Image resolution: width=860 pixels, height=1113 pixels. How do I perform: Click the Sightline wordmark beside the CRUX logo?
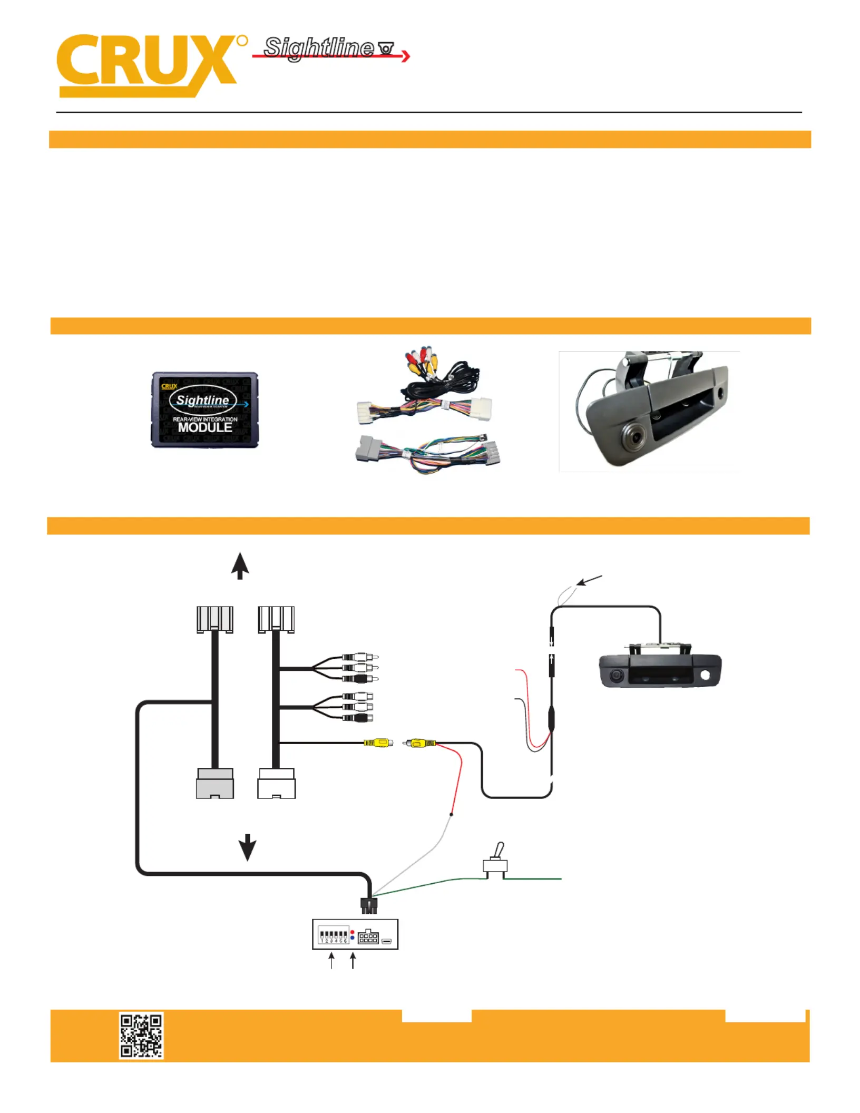coord(319,47)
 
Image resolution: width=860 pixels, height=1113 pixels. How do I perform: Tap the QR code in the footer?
coord(141,1035)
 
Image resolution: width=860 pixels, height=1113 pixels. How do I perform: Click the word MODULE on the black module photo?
coord(204,427)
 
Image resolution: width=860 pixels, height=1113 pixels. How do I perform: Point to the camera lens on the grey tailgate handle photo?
coord(635,436)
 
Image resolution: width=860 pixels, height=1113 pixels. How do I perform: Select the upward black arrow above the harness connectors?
coord(240,565)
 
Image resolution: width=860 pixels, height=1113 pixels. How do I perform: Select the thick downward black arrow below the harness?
coord(247,847)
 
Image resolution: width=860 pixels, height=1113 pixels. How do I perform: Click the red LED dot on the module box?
coord(352,932)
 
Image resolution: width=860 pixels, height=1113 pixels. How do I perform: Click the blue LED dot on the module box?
coord(352,938)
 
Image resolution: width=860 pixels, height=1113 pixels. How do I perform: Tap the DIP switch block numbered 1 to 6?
coord(333,935)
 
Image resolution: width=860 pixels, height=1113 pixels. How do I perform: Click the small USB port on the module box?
coord(387,941)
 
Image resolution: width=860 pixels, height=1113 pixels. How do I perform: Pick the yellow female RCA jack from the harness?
coord(378,743)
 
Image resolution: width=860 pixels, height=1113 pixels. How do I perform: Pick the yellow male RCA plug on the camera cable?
coord(419,743)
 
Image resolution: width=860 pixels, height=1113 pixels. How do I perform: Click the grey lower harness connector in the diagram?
coord(214,784)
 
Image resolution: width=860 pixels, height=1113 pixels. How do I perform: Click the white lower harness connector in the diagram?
coord(276,784)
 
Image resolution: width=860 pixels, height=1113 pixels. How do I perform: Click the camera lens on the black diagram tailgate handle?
coord(615,676)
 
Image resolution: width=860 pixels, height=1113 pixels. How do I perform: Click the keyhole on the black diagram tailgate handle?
coord(705,675)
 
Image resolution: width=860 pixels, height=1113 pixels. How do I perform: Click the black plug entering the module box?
coord(369,906)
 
